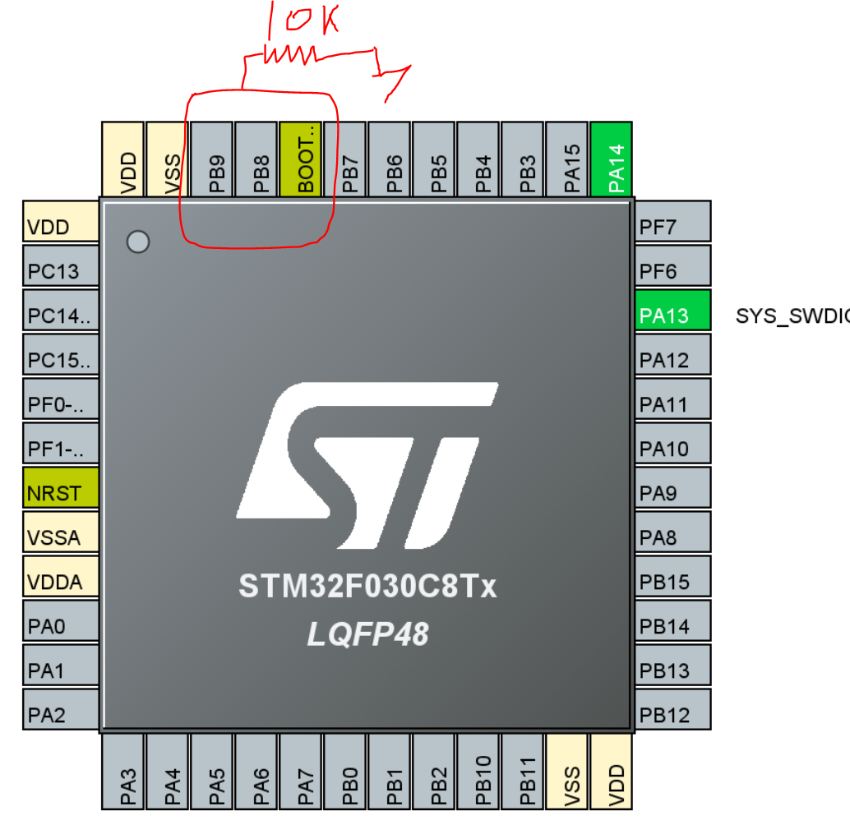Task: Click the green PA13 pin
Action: [672, 316]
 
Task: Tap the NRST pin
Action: [61, 493]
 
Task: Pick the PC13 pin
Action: [61, 271]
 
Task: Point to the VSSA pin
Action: [61, 537]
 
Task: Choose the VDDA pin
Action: [61, 582]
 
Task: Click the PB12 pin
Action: [672, 715]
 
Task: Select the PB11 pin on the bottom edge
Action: [522, 772]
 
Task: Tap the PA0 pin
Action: [61, 626]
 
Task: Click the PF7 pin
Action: [672, 227]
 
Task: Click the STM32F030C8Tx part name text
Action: [367, 587]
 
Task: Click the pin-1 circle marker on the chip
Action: [138, 242]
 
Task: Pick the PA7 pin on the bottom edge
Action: [300, 772]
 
